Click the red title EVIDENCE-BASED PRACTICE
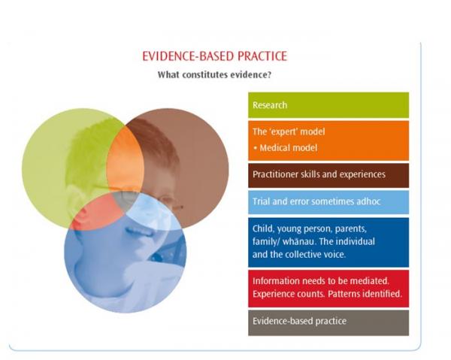214,56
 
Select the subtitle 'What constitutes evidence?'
214,74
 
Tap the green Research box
328,105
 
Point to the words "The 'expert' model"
289,132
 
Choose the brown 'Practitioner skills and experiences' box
328,175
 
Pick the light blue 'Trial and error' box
328,202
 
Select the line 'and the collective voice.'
299,255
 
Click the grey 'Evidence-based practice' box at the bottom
328,322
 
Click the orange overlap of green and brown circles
125,161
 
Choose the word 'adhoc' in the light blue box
368,201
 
